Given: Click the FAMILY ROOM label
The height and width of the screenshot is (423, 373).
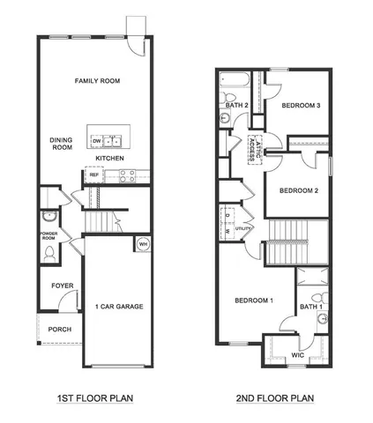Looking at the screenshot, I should click(97, 80).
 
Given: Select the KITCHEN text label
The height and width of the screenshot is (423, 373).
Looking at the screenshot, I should click(108, 159).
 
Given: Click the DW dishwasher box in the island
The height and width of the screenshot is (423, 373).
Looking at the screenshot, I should click(95, 140).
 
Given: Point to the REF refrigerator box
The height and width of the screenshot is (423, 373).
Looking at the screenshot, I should click(93, 174).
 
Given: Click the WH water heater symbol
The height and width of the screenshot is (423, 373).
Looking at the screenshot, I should click(141, 244).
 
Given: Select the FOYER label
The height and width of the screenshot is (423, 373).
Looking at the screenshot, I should click(62, 286).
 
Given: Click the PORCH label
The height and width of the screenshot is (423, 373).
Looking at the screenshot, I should click(60, 330).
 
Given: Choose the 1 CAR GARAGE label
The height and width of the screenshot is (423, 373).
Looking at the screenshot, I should click(119, 307).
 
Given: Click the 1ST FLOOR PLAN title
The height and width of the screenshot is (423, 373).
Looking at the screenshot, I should click(94, 397).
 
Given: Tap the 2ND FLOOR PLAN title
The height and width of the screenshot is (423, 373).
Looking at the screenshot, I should click(274, 397).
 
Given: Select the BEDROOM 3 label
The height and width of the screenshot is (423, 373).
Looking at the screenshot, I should click(301, 106).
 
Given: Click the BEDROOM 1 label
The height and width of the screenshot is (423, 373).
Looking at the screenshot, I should click(254, 301).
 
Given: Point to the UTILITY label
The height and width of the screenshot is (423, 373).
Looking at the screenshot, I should click(242, 229).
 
